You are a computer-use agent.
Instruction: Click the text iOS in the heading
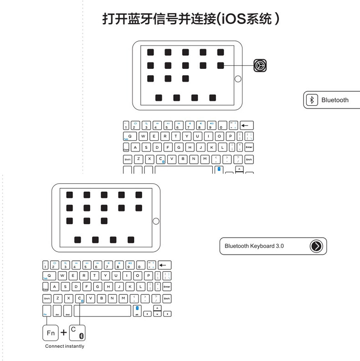(x=232, y=19)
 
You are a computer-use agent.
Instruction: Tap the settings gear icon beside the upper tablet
(x=260, y=66)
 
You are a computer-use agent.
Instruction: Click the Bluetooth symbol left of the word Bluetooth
(x=312, y=100)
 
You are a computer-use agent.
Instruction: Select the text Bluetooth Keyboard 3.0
(x=254, y=246)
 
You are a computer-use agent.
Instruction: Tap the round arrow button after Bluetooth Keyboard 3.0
(x=316, y=246)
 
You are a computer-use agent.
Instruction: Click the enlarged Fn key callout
(x=51, y=333)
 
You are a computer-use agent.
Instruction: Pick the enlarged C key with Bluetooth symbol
(x=77, y=333)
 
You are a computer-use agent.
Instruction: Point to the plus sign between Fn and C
(x=64, y=333)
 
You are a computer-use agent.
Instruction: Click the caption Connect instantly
(x=64, y=346)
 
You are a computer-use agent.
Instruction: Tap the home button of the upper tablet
(x=237, y=79)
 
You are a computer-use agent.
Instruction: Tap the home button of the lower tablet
(x=156, y=221)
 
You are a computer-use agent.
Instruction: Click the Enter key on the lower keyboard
(x=167, y=287)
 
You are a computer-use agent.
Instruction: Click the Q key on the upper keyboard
(x=129, y=136)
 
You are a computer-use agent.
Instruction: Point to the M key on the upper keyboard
(x=205, y=159)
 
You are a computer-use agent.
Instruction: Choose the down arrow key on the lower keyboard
(x=157, y=314)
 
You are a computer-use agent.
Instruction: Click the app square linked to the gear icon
(x=221, y=66)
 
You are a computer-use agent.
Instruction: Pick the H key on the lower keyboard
(x=108, y=287)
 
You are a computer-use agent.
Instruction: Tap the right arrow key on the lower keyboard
(x=167, y=314)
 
